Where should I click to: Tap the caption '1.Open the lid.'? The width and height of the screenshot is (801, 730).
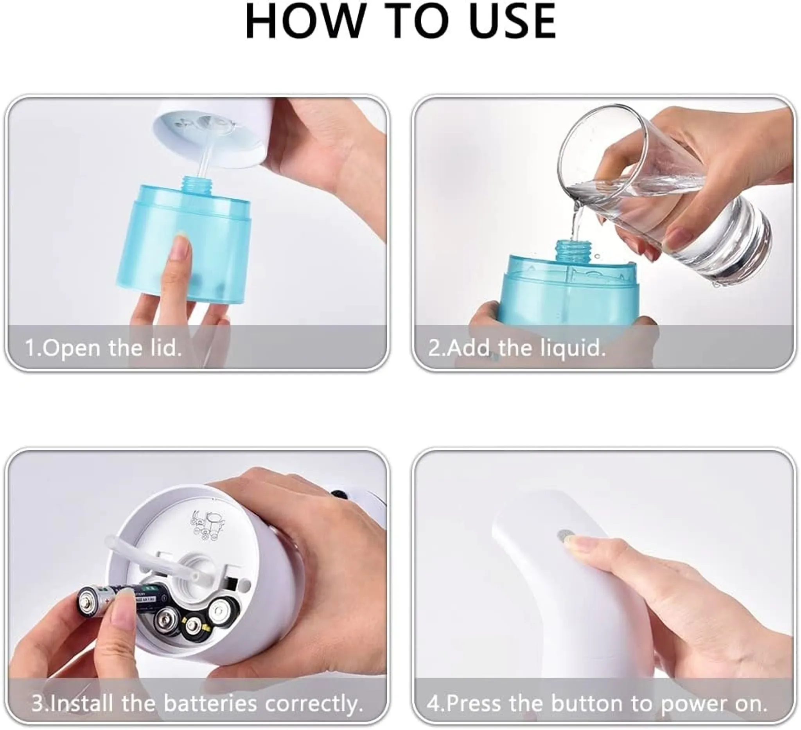point(103,347)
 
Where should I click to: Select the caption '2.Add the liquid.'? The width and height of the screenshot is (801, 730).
point(517,348)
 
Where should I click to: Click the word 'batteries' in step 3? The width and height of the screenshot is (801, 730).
point(210,703)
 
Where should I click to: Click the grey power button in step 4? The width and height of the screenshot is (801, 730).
point(564,537)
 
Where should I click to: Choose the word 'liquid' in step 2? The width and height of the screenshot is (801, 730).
point(573,348)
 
